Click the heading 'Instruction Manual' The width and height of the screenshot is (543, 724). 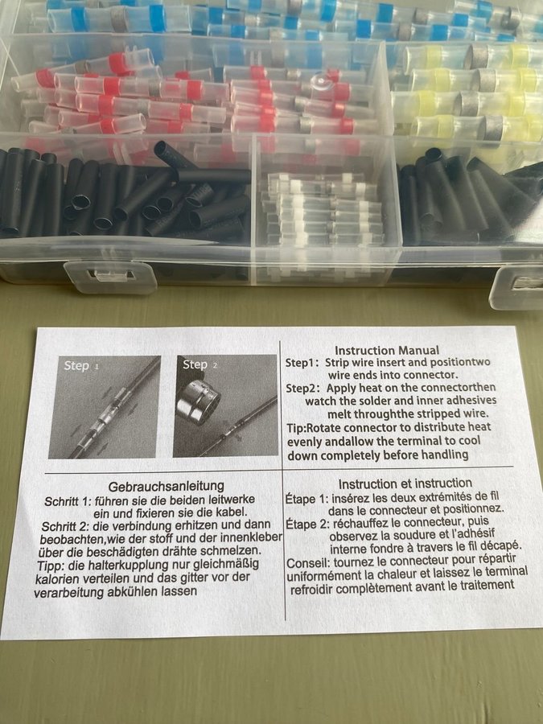[x=387, y=351]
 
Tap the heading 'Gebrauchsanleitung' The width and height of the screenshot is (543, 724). [x=167, y=486]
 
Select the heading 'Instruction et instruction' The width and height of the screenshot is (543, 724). [x=405, y=483]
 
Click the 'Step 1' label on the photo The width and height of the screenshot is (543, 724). [x=81, y=366]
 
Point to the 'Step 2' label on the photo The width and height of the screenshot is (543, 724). [x=200, y=364]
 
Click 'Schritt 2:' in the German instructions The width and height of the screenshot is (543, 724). [x=65, y=527]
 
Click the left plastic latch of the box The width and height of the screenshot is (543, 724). [x=110, y=276]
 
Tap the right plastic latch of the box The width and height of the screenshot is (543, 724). [x=517, y=287]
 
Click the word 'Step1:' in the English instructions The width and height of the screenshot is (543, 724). [x=302, y=363]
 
